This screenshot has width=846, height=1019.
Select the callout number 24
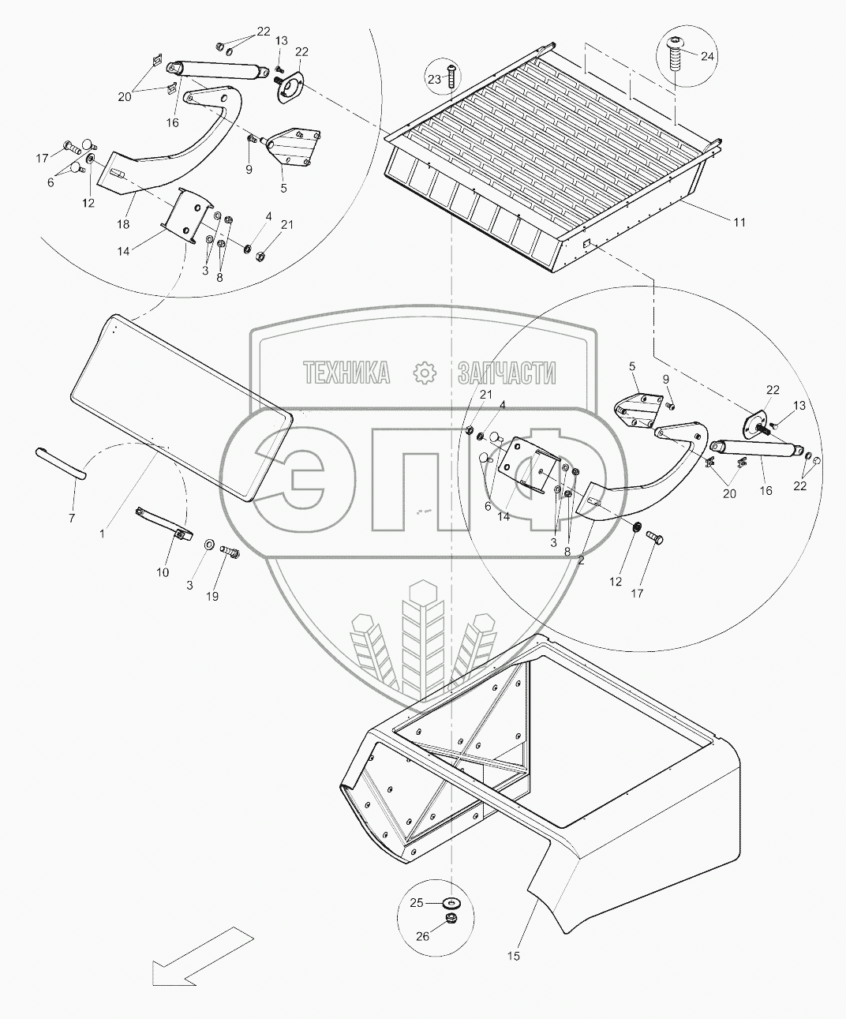tap(707, 57)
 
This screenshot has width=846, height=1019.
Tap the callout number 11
tap(739, 223)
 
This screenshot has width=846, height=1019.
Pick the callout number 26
tap(423, 936)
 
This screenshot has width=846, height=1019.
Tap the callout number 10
tap(163, 572)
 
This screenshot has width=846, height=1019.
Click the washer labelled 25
tap(452, 901)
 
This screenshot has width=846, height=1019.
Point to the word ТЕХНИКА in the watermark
tap(348, 373)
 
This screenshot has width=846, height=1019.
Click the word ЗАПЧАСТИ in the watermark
tap(507, 373)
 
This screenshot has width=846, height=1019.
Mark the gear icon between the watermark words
tap(424, 373)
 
